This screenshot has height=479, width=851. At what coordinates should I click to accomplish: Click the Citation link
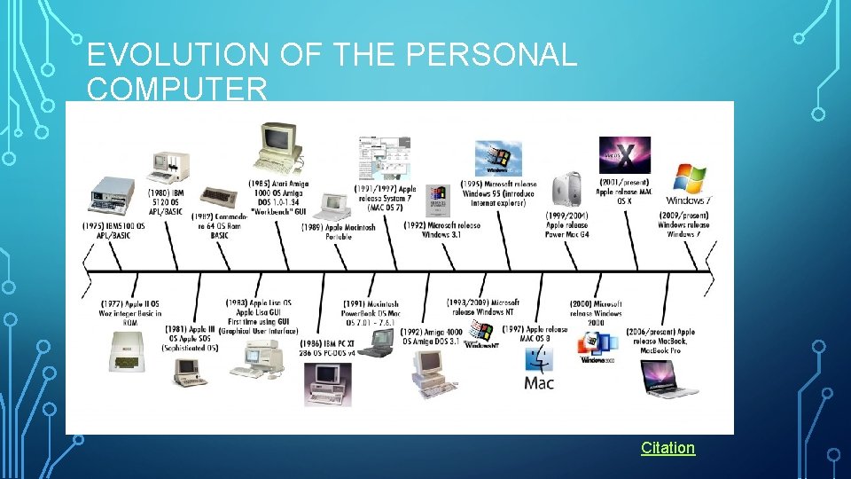pyautogui.click(x=668, y=448)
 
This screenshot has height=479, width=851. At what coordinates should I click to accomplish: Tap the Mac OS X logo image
pyautogui.click(x=624, y=155)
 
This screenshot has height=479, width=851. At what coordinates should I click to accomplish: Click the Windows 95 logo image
pyautogui.click(x=493, y=157)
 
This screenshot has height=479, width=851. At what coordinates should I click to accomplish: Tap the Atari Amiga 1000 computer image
pyautogui.click(x=279, y=146)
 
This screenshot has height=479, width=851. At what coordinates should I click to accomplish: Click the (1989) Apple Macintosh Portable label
pyautogui.click(x=338, y=232)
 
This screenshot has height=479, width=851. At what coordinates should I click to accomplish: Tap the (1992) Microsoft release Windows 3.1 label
pyautogui.click(x=441, y=231)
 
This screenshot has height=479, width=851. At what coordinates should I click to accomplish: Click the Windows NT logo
pyautogui.click(x=480, y=335)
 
